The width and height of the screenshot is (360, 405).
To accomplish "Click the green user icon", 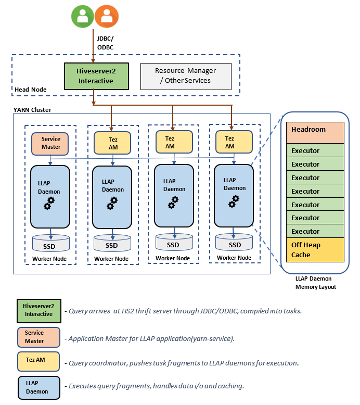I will coord(82,17).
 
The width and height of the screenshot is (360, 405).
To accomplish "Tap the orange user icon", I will coord(107,17).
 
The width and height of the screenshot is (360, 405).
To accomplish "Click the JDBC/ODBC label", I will coord(105,43).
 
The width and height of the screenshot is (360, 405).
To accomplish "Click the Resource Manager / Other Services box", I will coord(186,75).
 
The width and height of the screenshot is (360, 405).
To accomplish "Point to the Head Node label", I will coord(30,90).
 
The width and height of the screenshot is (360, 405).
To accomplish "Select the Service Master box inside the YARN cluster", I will coord(50,143).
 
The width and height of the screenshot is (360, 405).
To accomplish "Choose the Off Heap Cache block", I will coord(315,250).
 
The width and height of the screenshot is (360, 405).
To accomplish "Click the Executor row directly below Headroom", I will coord(315,150).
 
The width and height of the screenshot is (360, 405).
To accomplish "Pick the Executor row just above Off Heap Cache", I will coord(315,231).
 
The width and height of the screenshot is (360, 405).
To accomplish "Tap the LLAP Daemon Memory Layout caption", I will coord(316,283).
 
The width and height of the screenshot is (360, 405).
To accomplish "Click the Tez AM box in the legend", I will coord(38,362).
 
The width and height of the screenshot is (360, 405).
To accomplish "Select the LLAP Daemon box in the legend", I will coord(38,387).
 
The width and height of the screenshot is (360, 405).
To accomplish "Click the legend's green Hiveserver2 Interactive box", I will coord(38,310).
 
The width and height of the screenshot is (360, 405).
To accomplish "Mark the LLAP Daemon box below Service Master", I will coord(50,196).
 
